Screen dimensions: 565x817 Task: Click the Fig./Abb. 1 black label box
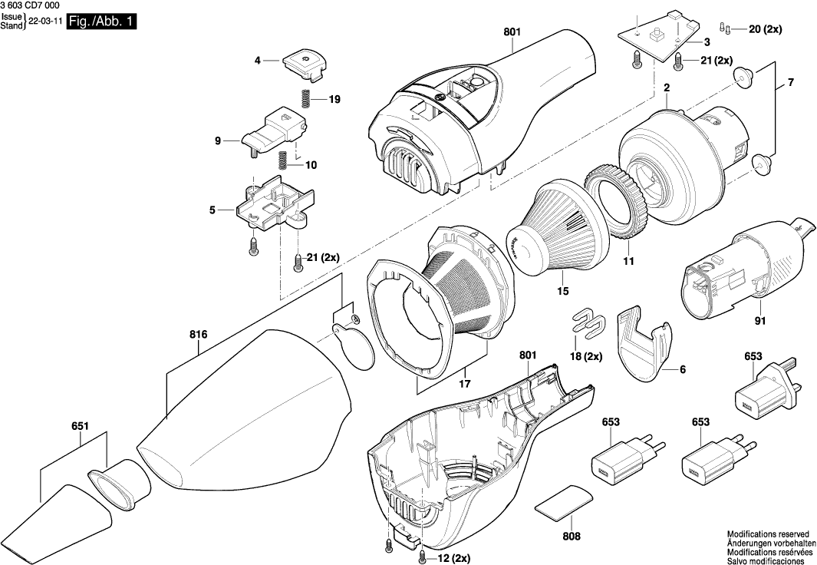[x=101, y=22]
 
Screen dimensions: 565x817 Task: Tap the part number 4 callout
[x=258, y=59]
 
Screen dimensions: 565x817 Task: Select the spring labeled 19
[x=305, y=99]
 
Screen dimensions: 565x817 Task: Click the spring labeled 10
[x=282, y=161]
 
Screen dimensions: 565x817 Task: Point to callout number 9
[x=217, y=140]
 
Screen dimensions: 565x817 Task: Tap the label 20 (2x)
[x=764, y=29]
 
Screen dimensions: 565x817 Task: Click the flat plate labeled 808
[x=563, y=502]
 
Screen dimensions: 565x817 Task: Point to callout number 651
[x=80, y=426]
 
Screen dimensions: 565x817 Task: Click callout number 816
[x=198, y=334]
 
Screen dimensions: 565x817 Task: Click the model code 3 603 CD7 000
[x=30, y=5]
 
